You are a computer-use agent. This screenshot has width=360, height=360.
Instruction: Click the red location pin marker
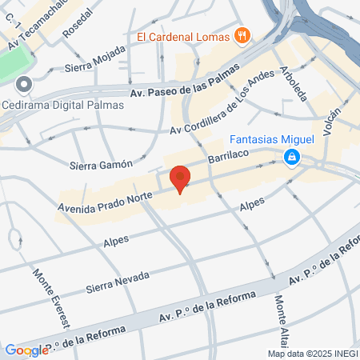tap(181, 178)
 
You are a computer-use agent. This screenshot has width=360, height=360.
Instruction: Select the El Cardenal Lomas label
tap(183, 35)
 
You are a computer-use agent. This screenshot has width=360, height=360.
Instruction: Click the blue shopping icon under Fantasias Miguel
tap(294, 156)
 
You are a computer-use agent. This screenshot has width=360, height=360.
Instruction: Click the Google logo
tap(26, 350)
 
